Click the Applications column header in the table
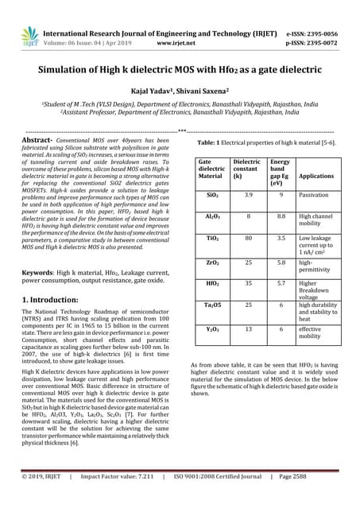click(316, 176)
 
